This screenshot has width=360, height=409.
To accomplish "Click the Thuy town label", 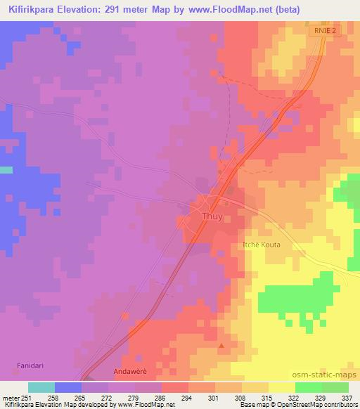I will pos(212,217).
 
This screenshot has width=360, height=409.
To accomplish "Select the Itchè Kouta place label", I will pos(261,245).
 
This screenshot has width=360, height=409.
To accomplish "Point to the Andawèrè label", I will pos(132,370).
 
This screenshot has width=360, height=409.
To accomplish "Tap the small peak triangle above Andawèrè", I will pos(222,345).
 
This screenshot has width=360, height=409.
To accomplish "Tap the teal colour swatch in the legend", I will pos(41,387).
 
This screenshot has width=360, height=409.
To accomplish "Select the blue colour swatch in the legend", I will pos(67,387).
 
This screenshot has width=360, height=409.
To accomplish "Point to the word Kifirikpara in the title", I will pos(32,9).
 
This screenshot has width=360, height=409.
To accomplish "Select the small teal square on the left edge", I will pos(6,169).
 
